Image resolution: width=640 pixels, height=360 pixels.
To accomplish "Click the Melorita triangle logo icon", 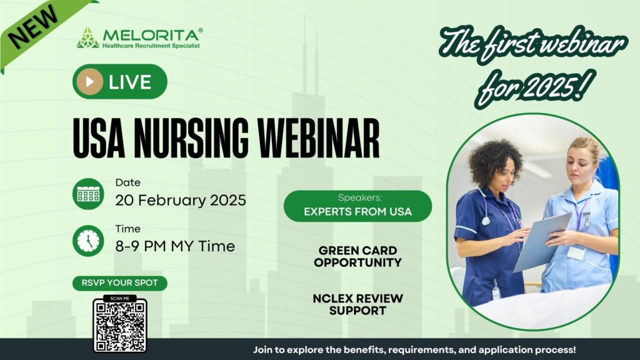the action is (x=87, y=38).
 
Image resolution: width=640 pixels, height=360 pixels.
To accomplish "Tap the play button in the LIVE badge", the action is (x=89, y=82).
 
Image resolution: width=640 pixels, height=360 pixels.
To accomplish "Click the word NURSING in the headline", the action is (x=191, y=137).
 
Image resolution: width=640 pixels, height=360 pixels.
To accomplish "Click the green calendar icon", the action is (x=88, y=194).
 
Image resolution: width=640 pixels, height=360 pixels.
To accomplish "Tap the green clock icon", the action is (x=88, y=241).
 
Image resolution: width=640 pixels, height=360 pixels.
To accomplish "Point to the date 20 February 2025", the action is (x=181, y=201).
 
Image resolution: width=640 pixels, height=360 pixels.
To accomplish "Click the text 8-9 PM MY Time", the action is (x=175, y=246).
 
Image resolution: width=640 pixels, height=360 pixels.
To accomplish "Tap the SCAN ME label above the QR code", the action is (x=120, y=298).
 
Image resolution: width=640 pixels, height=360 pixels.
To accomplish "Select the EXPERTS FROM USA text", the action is (x=358, y=212).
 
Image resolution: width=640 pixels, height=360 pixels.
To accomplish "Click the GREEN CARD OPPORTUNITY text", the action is (x=358, y=256).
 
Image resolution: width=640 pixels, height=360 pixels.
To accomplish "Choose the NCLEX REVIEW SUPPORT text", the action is (x=358, y=304).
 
